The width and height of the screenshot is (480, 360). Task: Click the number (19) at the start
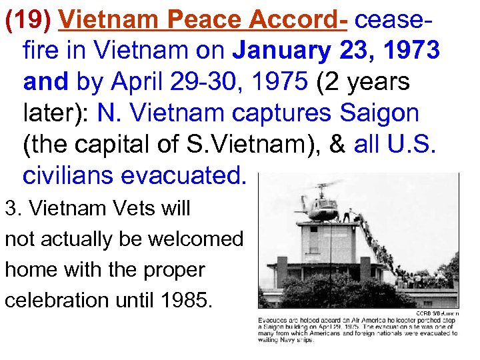coord(29,20)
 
